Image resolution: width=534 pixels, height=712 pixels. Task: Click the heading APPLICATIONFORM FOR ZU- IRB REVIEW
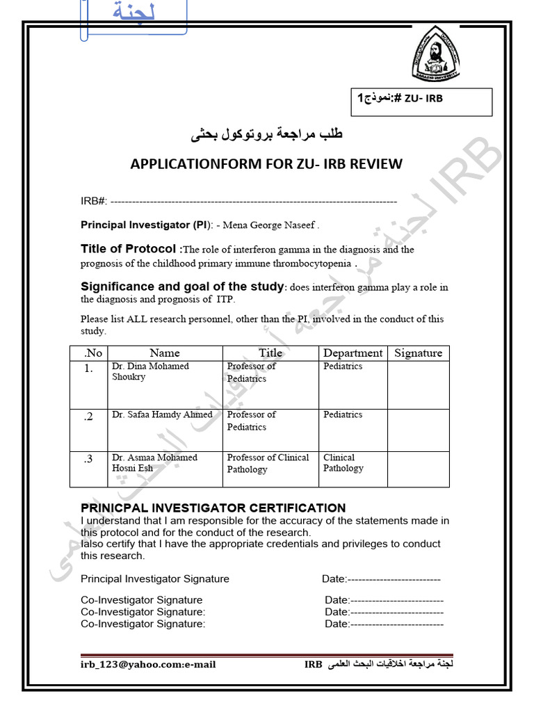click(x=266, y=164)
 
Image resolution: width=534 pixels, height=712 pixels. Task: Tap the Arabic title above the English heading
click(x=267, y=134)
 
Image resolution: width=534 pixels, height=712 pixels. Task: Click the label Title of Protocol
click(x=129, y=249)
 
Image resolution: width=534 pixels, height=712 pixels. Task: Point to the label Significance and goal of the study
click(x=183, y=286)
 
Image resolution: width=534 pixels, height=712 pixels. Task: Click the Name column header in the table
click(x=165, y=353)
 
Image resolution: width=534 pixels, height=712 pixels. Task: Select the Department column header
click(x=353, y=353)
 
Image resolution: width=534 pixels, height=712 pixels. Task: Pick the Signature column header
click(x=418, y=353)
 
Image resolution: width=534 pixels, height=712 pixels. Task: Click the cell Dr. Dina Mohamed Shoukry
click(x=150, y=371)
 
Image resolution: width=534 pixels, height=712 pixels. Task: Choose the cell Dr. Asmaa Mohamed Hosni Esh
click(x=154, y=462)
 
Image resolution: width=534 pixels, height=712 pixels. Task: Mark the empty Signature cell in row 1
click(x=418, y=384)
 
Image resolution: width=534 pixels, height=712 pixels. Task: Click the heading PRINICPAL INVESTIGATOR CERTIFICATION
click(x=213, y=508)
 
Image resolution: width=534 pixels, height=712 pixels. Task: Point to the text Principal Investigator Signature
click(x=155, y=579)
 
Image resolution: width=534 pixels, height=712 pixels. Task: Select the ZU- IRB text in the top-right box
click(x=423, y=99)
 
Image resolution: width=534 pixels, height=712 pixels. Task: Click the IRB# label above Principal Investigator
click(x=94, y=201)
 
